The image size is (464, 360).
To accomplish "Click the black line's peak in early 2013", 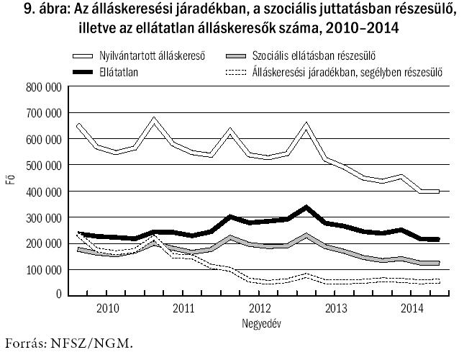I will coord(307,207).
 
